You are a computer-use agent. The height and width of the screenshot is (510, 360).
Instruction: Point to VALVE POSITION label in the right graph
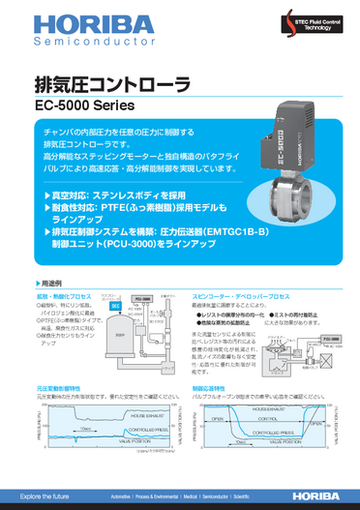point(274,465)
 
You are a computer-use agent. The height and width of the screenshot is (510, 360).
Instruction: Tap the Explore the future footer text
point(38,495)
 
